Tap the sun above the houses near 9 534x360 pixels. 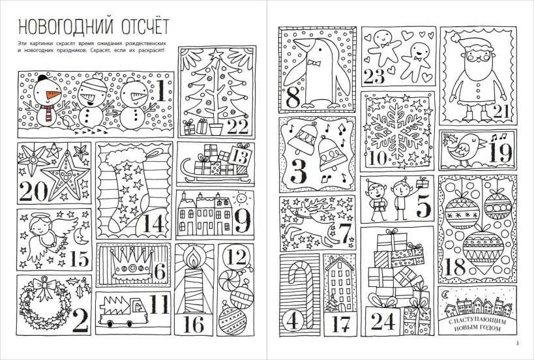(x=241, y=196)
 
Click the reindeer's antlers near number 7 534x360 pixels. (x=299, y=208)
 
